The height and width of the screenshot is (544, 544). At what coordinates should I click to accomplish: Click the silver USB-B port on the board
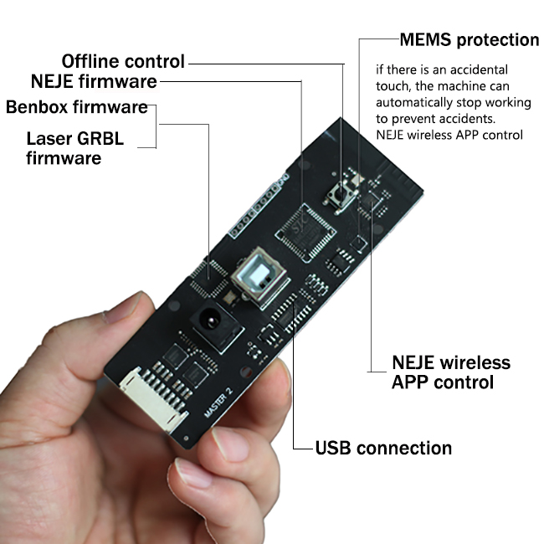[x=254, y=275]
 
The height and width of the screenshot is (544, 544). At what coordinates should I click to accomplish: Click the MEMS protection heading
[x=469, y=39]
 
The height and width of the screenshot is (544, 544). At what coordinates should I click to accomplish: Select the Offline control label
[x=123, y=61]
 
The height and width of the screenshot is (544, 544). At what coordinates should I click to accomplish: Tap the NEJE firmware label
[x=94, y=82]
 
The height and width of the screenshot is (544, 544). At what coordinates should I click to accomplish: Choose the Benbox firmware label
[x=77, y=107]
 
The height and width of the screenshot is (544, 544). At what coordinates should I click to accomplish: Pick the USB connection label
[x=383, y=448]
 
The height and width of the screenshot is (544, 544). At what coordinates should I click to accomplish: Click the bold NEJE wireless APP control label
[x=451, y=372]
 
